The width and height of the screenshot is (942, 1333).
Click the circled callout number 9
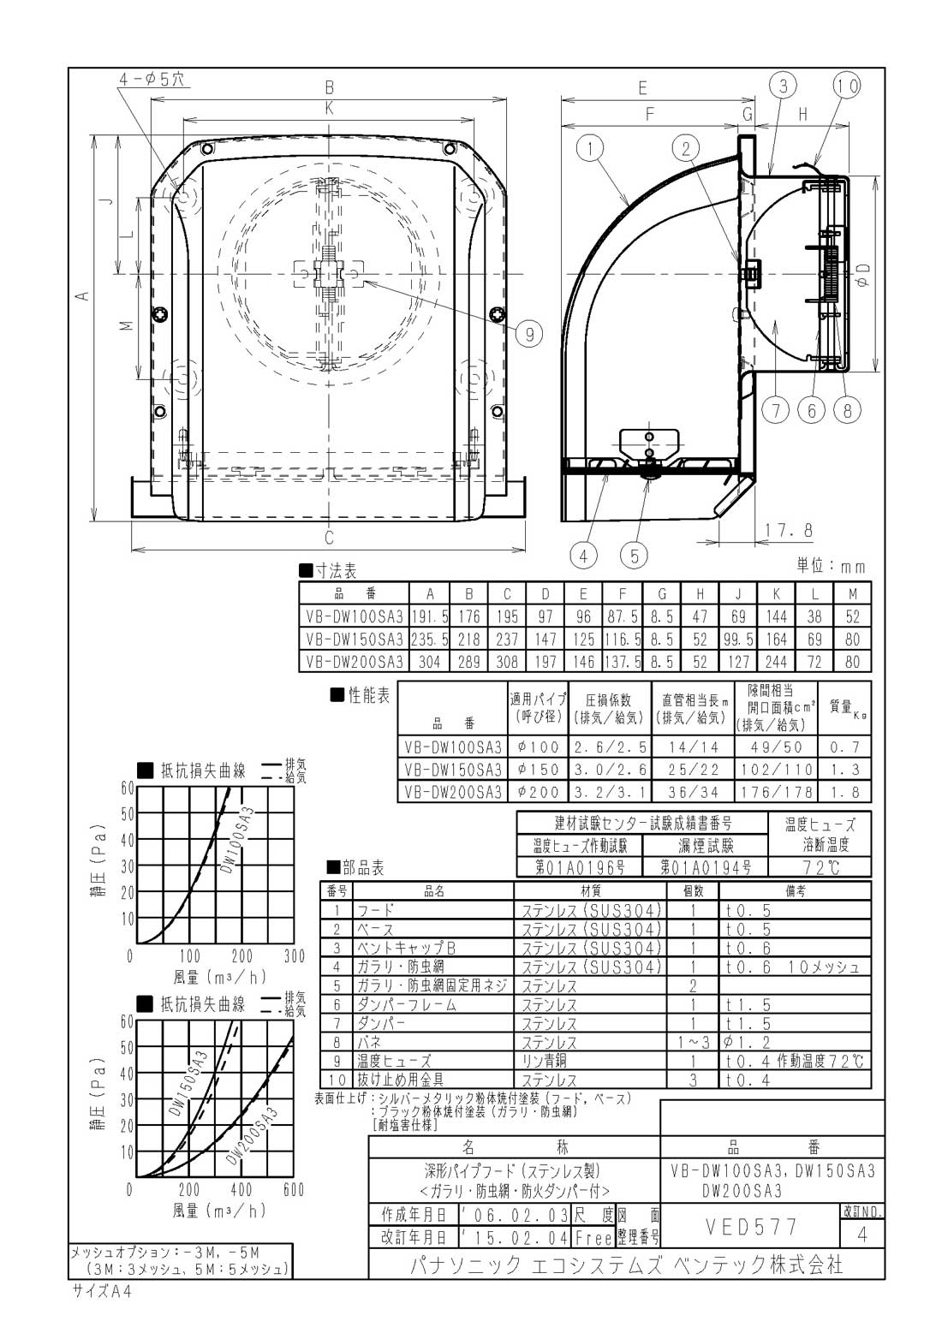pyautogui.click(x=529, y=334)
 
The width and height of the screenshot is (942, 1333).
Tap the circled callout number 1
pyautogui.click(x=589, y=147)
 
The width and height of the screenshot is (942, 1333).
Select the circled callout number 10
pyautogui.click(x=846, y=86)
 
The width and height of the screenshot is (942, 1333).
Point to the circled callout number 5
pyautogui.click(x=634, y=556)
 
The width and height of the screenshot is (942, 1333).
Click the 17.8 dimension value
pyautogui.click(x=789, y=530)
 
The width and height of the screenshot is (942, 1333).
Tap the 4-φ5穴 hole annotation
pyautogui.click(x=152, y=79)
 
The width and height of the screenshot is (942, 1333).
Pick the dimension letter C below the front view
pyautogui.click(x=329, y=538)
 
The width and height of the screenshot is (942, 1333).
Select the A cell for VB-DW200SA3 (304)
pyautogui.click(x=429, y=661)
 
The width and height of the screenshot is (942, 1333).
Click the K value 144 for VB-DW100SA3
pyautogui.click(x=776, y=616)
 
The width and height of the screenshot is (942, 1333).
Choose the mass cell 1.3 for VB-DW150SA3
pyautogui.click(x=844, y=770)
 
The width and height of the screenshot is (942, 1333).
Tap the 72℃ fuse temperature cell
pyautogui.click(x=820, y=867)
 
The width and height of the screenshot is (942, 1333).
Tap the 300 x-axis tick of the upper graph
pyautogui.click(x=294, y=956)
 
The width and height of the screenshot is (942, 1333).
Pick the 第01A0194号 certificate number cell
pyautogui.click(x=706, y=867)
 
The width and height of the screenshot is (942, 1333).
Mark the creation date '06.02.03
pyautogui.click(x=516, y=1214)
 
